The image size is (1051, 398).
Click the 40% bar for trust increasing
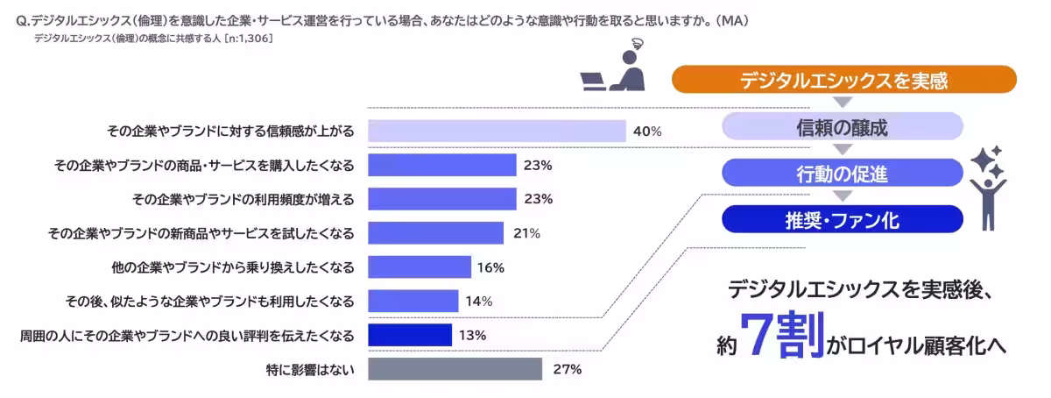496,131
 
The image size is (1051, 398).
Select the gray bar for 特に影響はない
455,369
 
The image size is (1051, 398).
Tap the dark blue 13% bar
409,335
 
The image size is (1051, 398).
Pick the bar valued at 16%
420,267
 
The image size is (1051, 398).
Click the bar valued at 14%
413,301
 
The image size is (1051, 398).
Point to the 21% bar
435,233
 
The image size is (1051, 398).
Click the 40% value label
647,131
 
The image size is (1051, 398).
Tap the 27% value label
568,369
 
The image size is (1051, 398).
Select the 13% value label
472,335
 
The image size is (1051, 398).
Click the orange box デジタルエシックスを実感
843,81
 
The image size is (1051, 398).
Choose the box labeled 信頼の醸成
842,127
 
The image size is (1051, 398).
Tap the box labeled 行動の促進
842,173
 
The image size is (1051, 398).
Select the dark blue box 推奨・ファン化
842,219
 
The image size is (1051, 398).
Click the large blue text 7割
782,335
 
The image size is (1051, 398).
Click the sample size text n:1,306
250,38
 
